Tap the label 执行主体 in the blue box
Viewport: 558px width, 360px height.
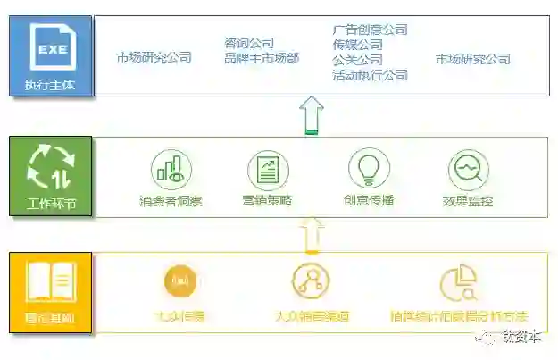50,87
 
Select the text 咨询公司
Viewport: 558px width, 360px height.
249,43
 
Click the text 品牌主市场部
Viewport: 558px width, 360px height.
262,59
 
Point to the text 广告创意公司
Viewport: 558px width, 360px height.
370,29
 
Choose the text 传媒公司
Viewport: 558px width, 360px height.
357,45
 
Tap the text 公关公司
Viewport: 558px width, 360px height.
357,60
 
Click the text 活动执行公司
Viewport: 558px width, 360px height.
370,75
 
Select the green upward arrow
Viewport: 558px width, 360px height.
312,115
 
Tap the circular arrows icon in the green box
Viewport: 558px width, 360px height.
51,167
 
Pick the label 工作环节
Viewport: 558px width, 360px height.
51,203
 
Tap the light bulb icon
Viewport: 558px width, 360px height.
368,168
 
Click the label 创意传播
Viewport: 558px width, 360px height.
369,201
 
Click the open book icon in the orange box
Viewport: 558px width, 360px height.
51,281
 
